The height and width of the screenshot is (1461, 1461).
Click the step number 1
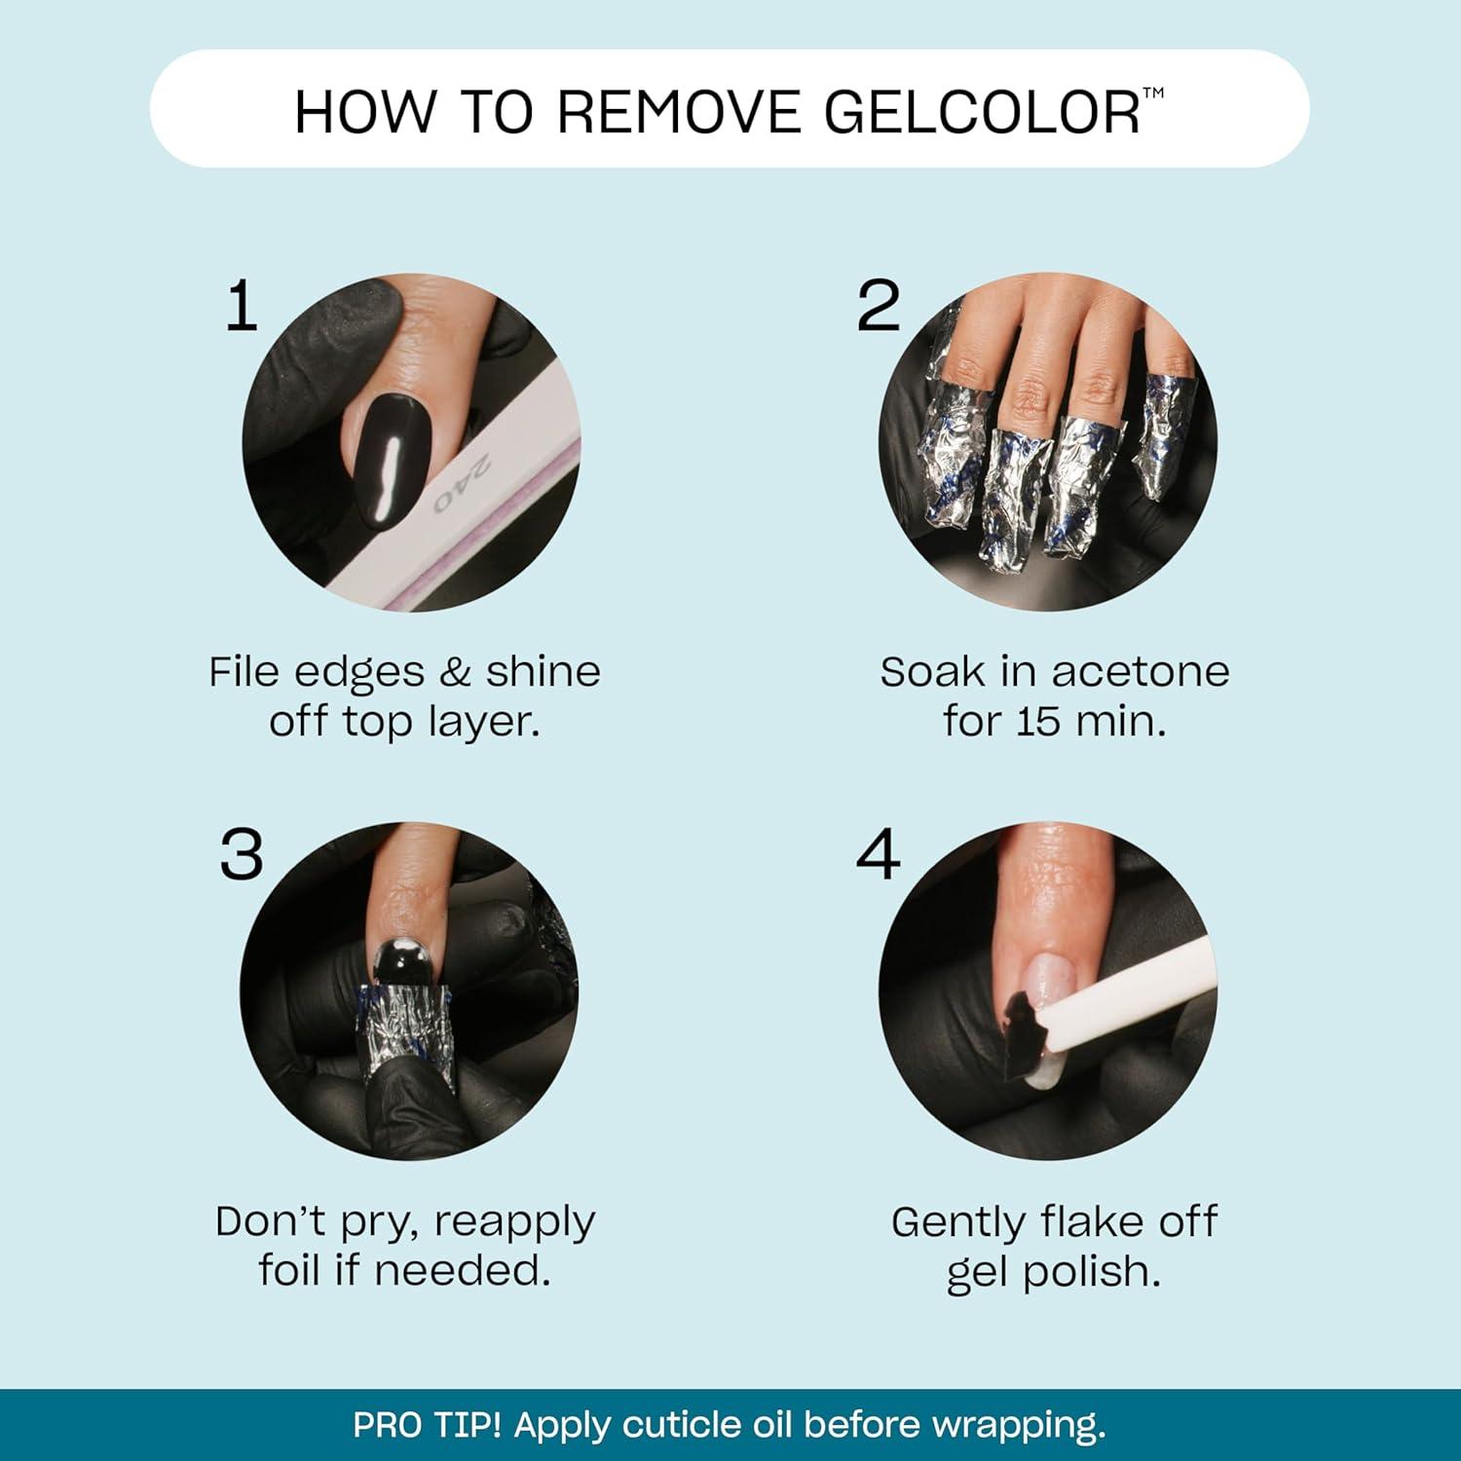(x=242, y=306)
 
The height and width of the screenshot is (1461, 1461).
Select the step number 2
(x=878, y=306)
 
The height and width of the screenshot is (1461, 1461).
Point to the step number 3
(x=242, y=855)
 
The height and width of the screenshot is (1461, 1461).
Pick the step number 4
(x=878, y=855)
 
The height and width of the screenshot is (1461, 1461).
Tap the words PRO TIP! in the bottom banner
(x=427, y=1425)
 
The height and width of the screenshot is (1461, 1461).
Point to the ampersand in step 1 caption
(x=455, y=672)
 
